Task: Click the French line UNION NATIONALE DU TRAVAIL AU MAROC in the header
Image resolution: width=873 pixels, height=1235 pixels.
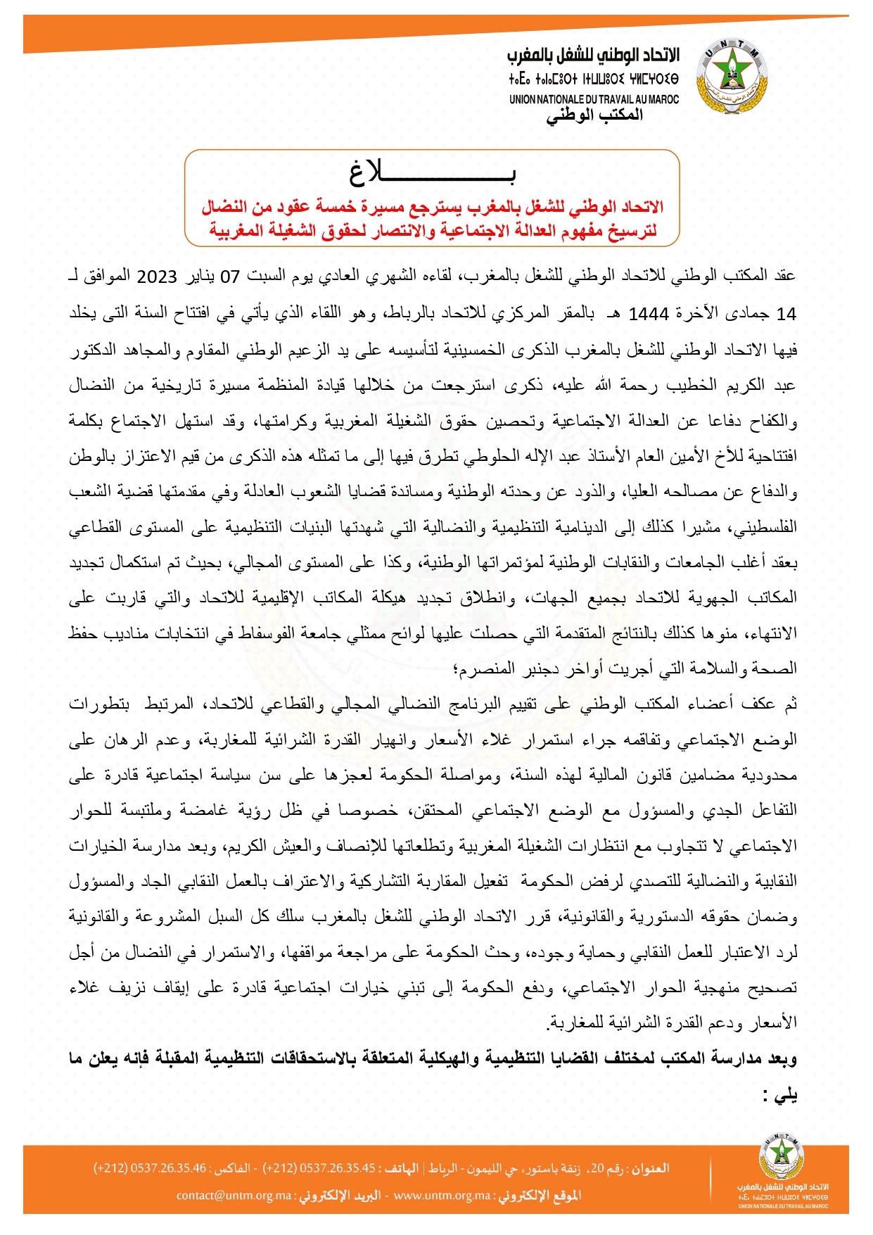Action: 594,100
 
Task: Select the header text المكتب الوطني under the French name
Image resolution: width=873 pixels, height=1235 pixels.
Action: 594,115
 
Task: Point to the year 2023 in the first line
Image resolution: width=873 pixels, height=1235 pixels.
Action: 156,277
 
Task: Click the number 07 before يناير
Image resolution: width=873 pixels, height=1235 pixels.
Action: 231,277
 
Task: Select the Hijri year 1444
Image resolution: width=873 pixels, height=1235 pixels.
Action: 648,314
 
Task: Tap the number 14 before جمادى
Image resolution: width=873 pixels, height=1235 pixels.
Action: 786,314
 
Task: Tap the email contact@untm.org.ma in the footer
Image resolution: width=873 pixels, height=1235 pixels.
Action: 234,1196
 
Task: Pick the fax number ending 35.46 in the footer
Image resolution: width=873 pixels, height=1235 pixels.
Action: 150,1168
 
